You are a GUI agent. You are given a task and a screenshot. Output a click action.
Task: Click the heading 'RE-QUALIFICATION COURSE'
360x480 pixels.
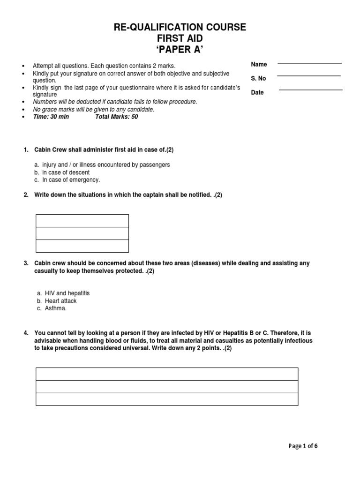coord(180,28)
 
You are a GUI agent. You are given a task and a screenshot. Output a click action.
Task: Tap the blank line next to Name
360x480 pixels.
coord(309,62)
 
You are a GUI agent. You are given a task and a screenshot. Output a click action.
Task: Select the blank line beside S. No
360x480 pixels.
coord(308,75)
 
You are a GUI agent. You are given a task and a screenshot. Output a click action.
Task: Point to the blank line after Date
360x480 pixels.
coord(310,89)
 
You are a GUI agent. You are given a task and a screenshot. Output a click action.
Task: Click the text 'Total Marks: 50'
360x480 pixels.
coord(117,117)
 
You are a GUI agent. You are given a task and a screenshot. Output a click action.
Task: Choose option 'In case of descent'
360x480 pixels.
coord(66,172)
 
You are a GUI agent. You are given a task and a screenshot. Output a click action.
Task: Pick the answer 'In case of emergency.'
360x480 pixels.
coord(71,180)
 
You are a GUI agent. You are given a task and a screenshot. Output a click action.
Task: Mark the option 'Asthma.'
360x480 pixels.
coord(54,308)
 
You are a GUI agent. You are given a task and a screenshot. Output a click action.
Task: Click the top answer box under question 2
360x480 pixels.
coord(82,221)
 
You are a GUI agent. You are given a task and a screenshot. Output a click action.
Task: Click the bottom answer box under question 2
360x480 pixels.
coord(82,246)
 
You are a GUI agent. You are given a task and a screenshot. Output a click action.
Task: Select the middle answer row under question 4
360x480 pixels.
coord(167,386)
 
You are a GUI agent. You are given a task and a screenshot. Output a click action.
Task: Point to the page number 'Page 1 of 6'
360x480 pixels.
coord(303,446)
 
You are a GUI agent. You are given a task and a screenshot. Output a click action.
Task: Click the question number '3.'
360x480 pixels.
coord(26,263)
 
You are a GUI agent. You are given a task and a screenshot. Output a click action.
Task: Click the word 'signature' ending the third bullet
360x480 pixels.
coord(45,95)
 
